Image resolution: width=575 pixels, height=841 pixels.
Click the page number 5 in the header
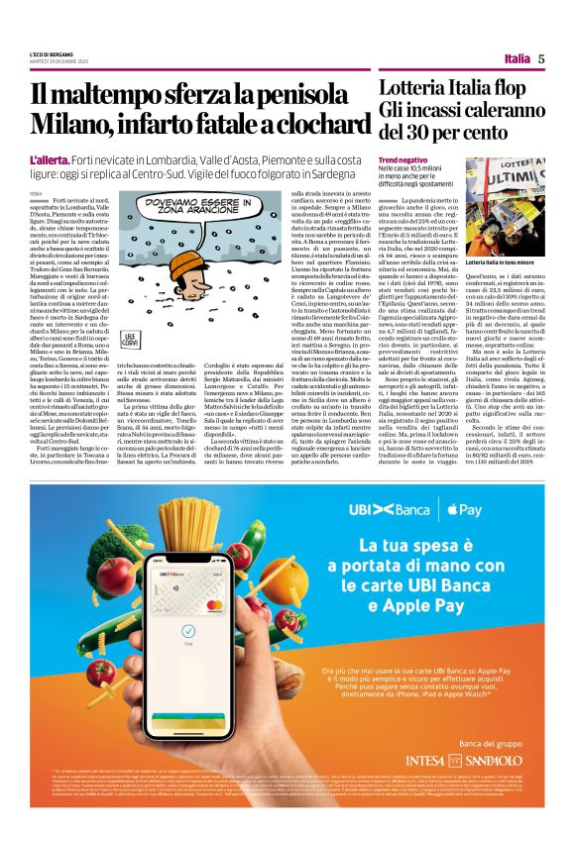pos(542,58)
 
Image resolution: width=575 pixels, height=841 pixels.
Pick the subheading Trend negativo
pos(403,159)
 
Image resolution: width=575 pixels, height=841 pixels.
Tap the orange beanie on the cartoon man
pos(170,242)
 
